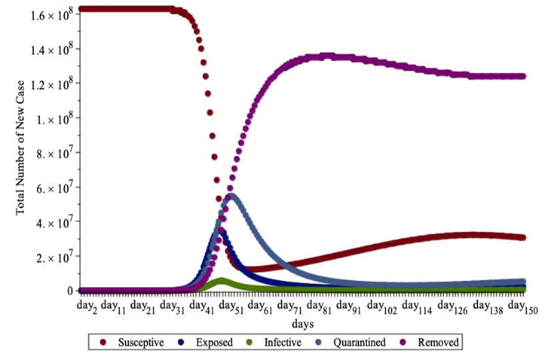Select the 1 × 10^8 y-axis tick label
[51, 118]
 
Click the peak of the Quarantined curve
[231, 196]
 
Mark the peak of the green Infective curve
[222, 280]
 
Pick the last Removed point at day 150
[522, 76]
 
